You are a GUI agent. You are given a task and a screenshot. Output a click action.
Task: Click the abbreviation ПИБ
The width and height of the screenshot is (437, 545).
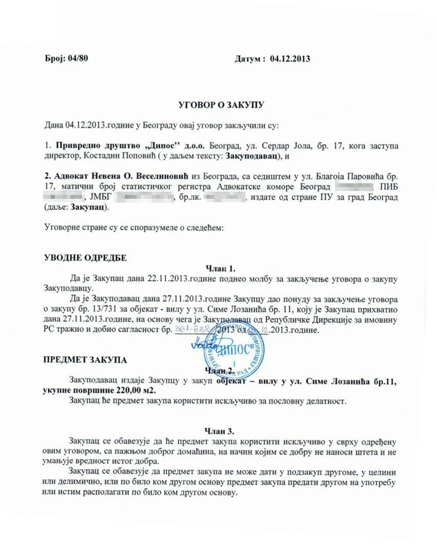pyautogui.click(x=389, y=186)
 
